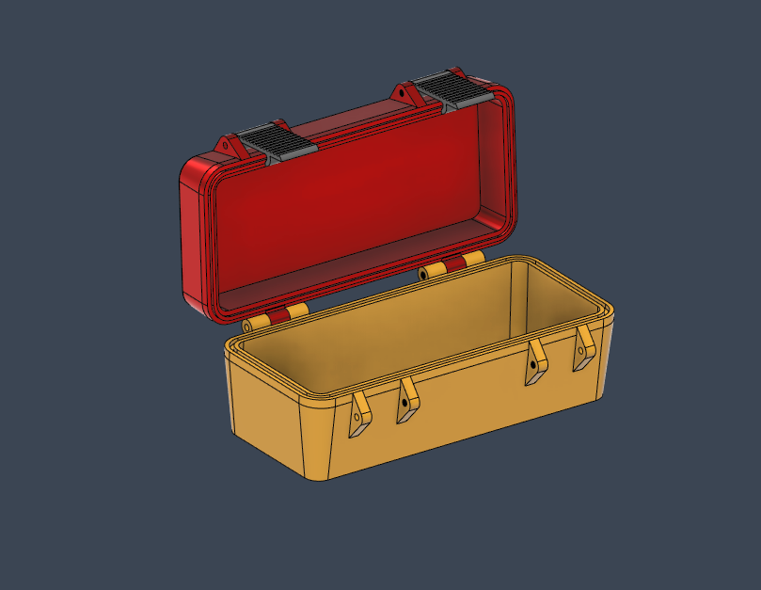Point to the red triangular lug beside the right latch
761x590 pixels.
click(x=405, y=94)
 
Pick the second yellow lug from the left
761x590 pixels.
click(x=407, y=400)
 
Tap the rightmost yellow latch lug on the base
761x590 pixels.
click(x=584, y=348)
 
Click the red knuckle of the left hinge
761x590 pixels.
click(x=277, y=317)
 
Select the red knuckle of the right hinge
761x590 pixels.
click(x=454, y=264)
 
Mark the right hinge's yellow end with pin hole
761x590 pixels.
click(x=432, y=271)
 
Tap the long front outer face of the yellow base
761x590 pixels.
click(x=461, y=414)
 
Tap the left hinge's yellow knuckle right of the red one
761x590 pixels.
click(x=298, y=311)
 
